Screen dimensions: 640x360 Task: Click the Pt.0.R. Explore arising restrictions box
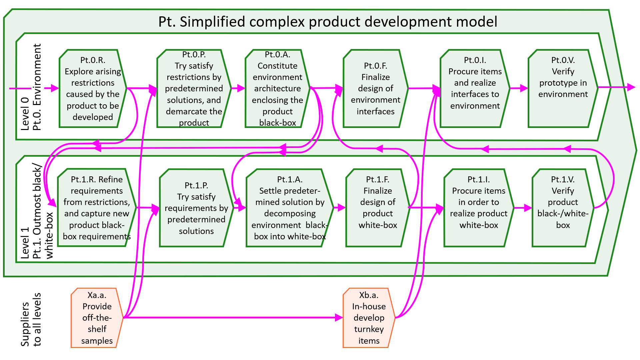[x=93, y=89]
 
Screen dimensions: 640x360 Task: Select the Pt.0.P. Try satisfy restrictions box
[x=194, y=89]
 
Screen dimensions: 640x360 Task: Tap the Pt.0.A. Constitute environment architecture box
[x=278, y=89]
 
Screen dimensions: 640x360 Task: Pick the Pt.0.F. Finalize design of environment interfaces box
[x=376, y=89]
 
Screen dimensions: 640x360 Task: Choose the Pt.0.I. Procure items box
[x=475, y=89]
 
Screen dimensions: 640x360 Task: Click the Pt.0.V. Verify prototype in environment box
[x=563, y=89]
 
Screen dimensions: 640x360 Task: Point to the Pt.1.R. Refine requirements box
[x=97, y=208]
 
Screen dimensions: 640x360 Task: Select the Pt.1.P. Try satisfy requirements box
[x=196, y=208]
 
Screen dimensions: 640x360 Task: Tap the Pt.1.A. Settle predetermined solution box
[x=290, y=208]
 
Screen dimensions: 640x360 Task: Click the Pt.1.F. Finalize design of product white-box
[x=378, y=208]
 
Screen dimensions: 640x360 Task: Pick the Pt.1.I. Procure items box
[x=479, y=208]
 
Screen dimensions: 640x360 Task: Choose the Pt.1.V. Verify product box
[x=563, y=208]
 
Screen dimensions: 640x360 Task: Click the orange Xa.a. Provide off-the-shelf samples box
[x=97, y=318]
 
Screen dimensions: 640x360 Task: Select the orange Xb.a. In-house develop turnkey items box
[x=369, y=318]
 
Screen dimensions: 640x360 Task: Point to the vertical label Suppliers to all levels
[x=31, y=320]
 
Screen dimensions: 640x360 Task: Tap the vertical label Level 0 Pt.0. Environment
[x=31, y=87]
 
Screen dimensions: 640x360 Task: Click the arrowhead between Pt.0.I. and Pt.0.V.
[x=524, y=88]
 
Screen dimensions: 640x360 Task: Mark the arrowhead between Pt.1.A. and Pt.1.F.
[x=342, y=208]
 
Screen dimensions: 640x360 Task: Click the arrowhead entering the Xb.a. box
[x=339, y=318]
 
